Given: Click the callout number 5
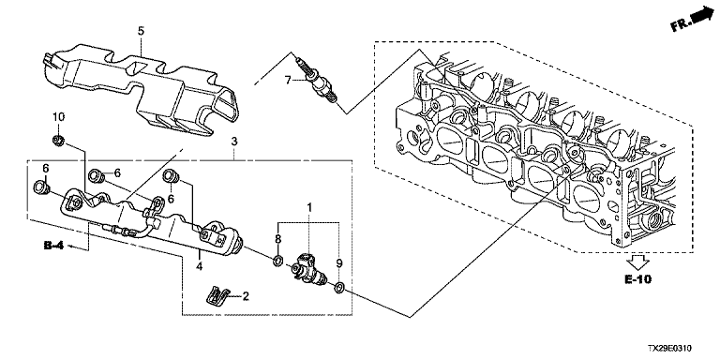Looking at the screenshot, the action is (141, 31).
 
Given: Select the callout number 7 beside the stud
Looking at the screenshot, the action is (288, 81).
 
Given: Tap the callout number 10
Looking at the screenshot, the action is (59, 117).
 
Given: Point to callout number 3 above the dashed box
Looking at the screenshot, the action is (234, 142).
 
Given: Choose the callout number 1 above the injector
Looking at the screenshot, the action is (309, 207).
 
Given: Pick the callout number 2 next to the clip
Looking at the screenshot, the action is (246, 296).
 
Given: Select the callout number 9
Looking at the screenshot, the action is (339, 263).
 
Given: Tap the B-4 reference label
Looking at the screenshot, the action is (53, 247).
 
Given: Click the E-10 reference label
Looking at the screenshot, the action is (638, 278).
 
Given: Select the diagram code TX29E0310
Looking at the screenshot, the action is (670, 349).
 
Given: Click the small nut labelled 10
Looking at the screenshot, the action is (58, 140).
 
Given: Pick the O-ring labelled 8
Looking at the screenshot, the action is (277, 262).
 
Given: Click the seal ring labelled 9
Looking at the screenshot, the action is (339, 288).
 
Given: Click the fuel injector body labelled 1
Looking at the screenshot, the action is (307, 269).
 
